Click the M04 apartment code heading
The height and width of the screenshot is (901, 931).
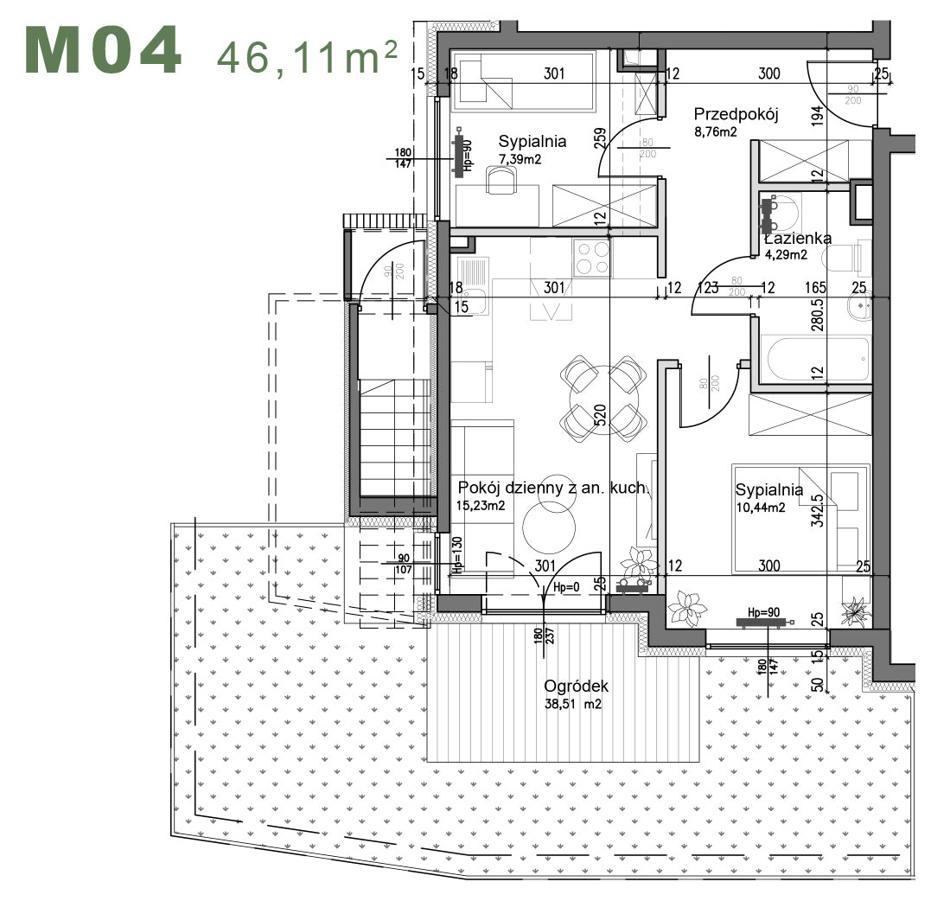(104, 50)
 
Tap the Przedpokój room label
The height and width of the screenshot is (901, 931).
(737, 114)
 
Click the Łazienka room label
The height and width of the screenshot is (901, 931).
(798, 239)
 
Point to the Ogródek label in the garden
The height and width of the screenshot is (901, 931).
(576, 687)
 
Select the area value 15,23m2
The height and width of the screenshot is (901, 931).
(481, 506)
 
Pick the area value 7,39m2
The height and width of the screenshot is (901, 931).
(521, 159)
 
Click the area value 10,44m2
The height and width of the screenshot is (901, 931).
(760, 508)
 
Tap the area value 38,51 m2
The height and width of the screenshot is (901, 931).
(572, 705)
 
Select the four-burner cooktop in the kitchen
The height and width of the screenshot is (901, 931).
(592, 257)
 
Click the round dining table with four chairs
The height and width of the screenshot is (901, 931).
(603, 398)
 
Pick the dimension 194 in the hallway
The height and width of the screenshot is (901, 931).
(818, 114)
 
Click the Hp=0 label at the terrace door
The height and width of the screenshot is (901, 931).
(565, 587)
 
